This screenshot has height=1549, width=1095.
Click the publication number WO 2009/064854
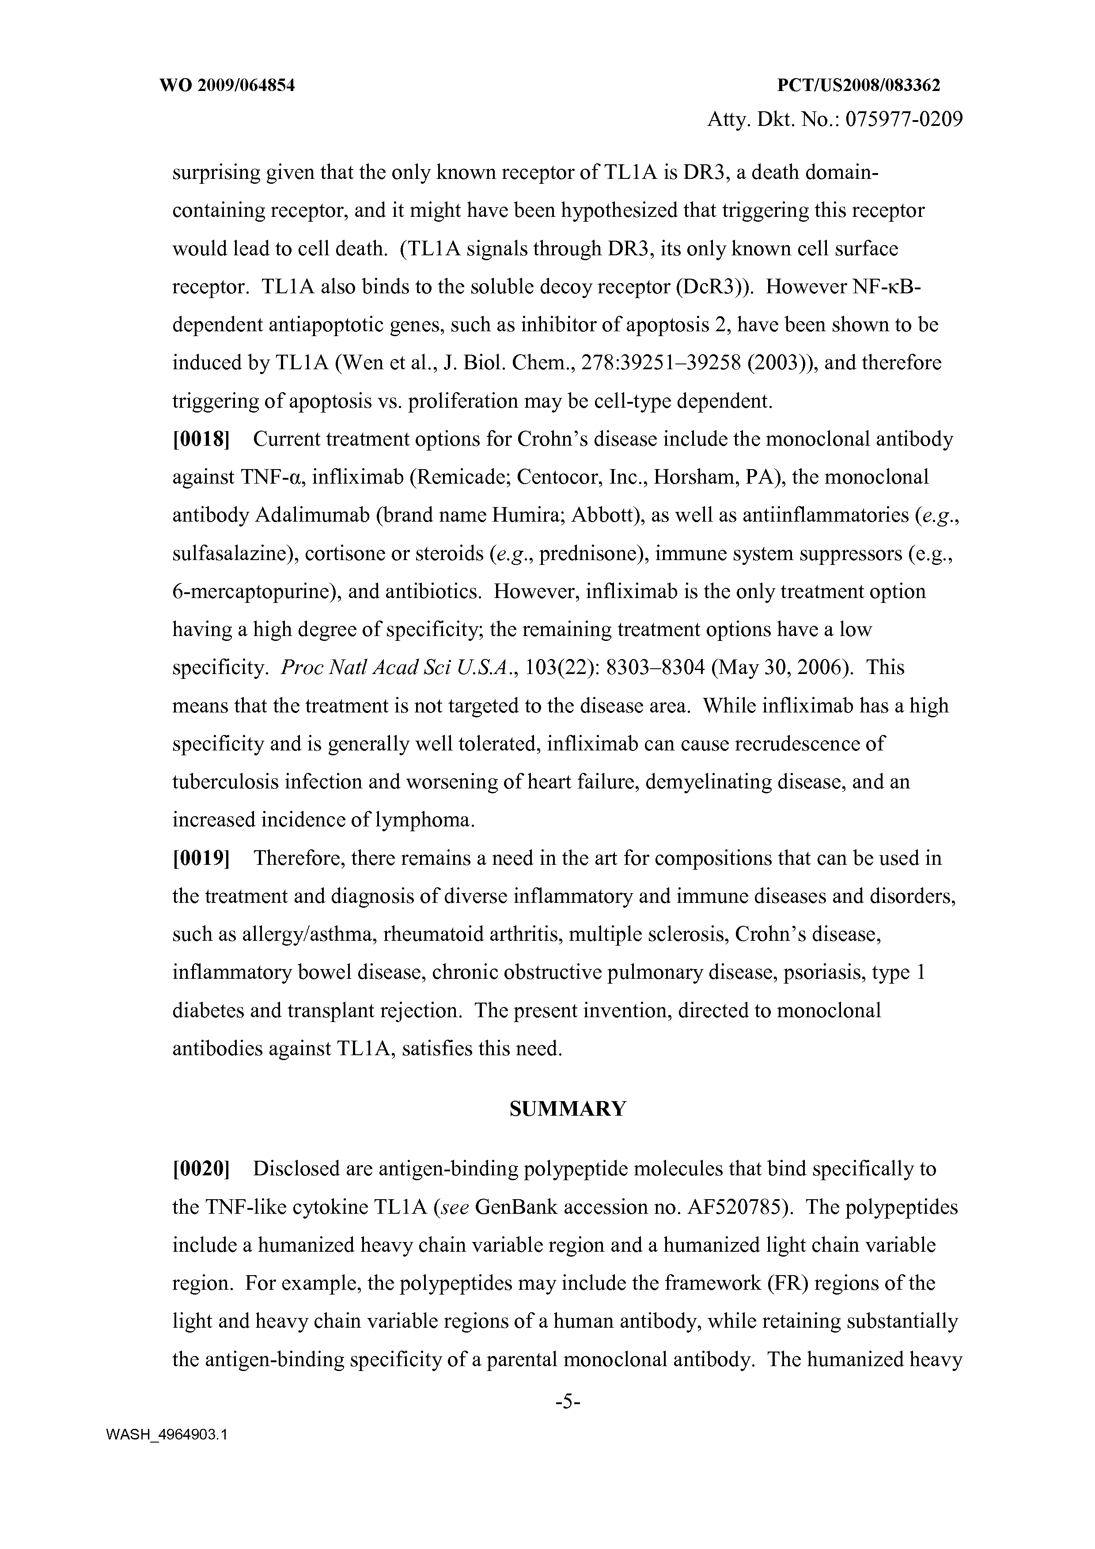pyautogui.click(x=227, y=86)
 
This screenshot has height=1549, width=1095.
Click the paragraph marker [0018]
pyautogui.click(x=202, y=439)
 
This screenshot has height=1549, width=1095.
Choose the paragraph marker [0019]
pyautogui.click(x=202, y=858)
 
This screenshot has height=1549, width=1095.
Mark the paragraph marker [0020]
pyautogui.click(x=202, y=1169)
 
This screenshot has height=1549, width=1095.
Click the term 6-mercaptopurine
pyautogui.click(x=254, y=592)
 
